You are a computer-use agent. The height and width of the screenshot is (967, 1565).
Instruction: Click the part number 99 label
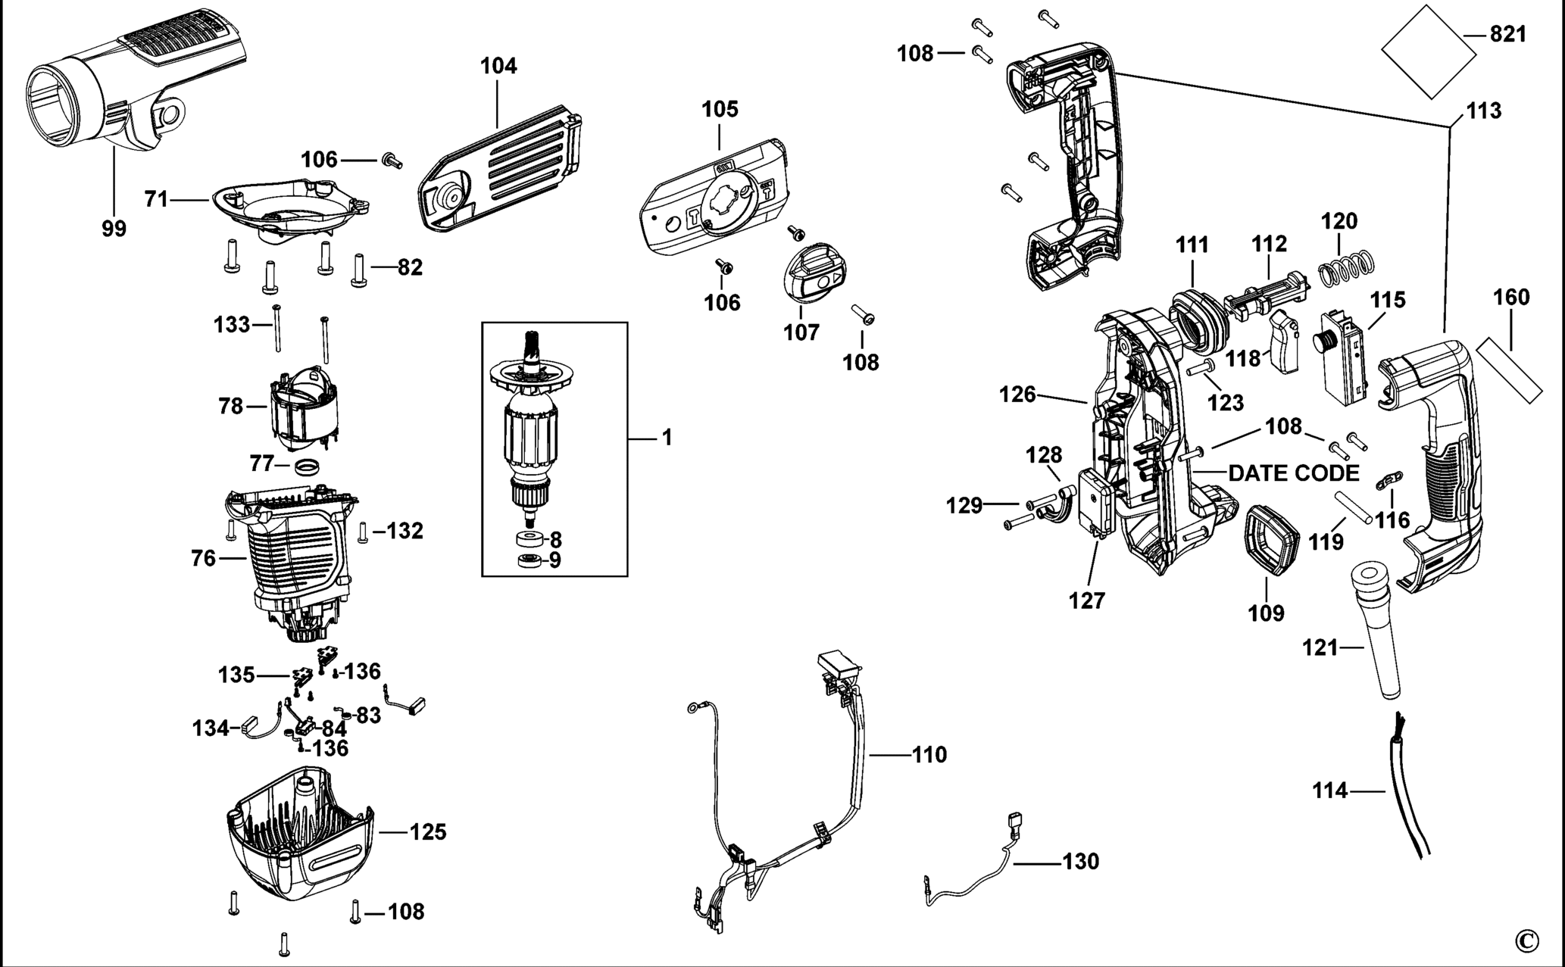pyautogui.click(x=114, y=229)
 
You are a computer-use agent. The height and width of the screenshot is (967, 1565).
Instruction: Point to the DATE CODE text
pyautogui.click(x=1294, y=474)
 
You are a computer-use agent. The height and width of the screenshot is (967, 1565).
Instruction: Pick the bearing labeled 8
pyautogui.click(x=528, y=540)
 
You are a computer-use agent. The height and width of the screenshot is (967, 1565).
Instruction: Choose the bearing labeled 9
pyautogui.click(x=528, y=561)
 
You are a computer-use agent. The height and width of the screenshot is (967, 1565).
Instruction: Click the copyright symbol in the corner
pyautogui.click(x=1527, y=941)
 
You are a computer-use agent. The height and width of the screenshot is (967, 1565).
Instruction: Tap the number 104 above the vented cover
pyautogui.click(x=498, y=67)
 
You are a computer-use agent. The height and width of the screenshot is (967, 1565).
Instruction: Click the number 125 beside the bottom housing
pyautogui.click(x=428, y=832)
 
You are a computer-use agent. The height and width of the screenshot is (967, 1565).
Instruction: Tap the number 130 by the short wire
pyautogui.click(x=1080, y=862)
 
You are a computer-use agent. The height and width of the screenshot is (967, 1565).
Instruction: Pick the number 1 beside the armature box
pyautogui.click(x=667, y=438)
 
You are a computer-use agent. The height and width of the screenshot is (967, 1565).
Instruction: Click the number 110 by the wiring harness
pyautogui.click(x=929, y=755)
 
